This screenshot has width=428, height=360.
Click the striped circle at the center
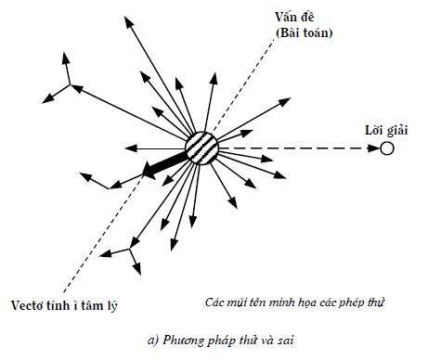pos(201,148)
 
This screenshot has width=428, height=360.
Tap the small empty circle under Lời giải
pos(386,148)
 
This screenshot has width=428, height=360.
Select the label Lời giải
pos(386,130)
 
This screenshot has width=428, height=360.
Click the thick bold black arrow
pos(164,165)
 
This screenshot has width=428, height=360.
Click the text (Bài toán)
pos(305,32)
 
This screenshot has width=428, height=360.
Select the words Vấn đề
pos(294,17)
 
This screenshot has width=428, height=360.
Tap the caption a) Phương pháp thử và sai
pos(221,341)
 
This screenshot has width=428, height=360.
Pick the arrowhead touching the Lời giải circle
pos(373,148)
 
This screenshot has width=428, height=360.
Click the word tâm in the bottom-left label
pos(92,305)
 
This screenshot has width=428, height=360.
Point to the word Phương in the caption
pos(184,341)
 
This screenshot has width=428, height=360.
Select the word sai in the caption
pos(285,341)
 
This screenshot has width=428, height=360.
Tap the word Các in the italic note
pos(214,302)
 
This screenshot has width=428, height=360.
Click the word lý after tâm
pos(111,306)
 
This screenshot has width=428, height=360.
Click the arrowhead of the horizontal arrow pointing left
pos(131,148)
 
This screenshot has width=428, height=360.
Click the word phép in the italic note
pos(350,302)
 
